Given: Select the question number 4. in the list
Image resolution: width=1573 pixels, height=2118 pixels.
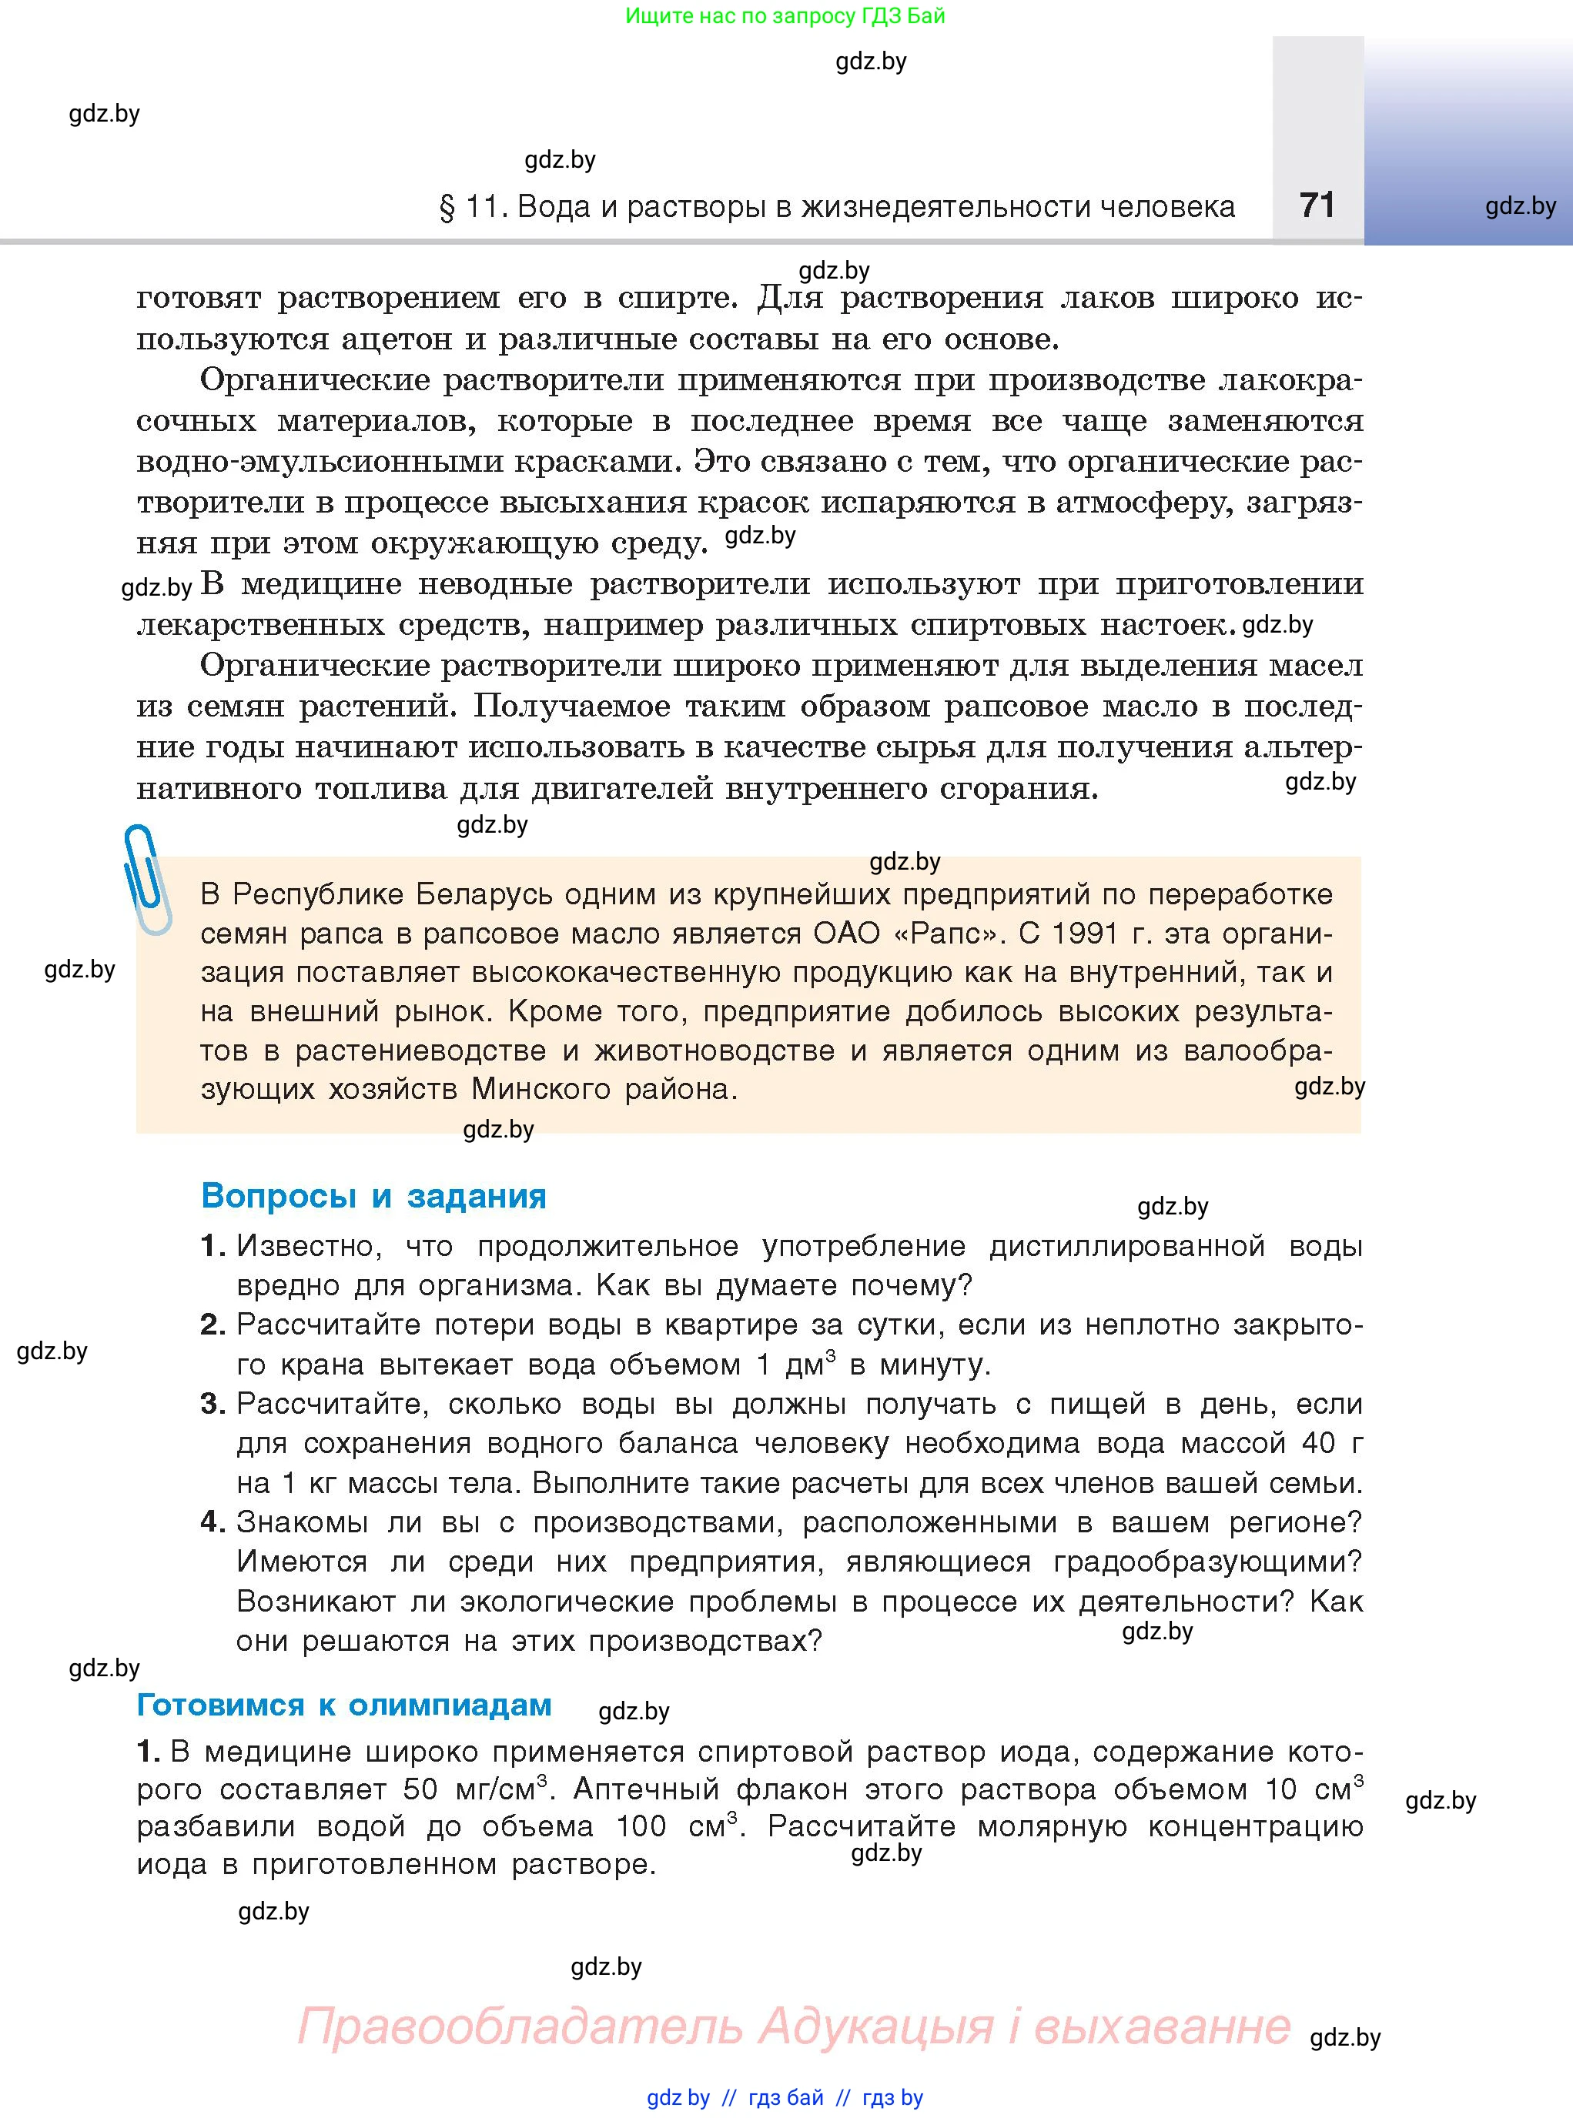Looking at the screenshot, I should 213,1522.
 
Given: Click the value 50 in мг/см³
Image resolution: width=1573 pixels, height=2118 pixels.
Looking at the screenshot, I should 422,1789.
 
